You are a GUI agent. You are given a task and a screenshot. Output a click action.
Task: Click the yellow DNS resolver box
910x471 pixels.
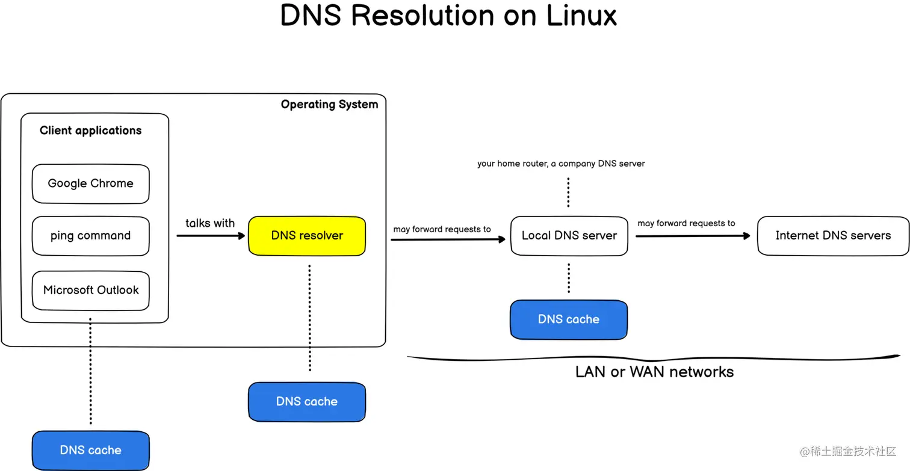click(307, 236)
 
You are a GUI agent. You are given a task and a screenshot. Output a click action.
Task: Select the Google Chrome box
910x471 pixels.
click(90, 183)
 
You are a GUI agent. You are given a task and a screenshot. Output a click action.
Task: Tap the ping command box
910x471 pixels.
click(90, 236)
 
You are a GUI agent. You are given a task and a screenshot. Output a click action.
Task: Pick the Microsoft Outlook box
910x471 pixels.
click(90, 291)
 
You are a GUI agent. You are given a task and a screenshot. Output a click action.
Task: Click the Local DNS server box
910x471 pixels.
click(569, 236)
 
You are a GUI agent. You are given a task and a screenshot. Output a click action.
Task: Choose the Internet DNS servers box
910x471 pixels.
click(833, 236)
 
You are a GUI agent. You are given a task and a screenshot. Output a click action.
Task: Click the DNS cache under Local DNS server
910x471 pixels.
click(569, 319)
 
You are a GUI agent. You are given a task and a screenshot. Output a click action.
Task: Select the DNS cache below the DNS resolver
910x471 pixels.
click(307, 402)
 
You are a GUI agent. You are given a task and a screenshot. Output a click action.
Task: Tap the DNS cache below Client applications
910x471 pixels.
click(90, 451)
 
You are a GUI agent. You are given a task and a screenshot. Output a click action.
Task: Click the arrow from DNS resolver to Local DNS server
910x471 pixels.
click(448, 239)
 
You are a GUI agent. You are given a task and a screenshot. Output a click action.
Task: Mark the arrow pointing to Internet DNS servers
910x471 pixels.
click(693, 236)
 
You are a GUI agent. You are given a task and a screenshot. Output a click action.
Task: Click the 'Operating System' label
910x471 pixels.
click(329, 105)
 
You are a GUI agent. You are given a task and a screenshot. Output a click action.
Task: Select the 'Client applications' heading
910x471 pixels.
click(90, 131)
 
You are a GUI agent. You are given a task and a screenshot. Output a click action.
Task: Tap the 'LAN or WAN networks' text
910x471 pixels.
click(654, 372)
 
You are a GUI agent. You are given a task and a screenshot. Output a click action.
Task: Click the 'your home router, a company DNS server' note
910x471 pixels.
click(561, 164)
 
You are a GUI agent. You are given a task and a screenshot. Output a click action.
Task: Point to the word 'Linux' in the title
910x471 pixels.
click(581, 16)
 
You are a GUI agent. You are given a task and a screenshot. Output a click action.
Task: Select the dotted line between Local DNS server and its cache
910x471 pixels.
click(568, 278)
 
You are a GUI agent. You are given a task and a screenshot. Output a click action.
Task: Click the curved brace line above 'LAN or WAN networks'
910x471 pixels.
click(654, 359)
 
